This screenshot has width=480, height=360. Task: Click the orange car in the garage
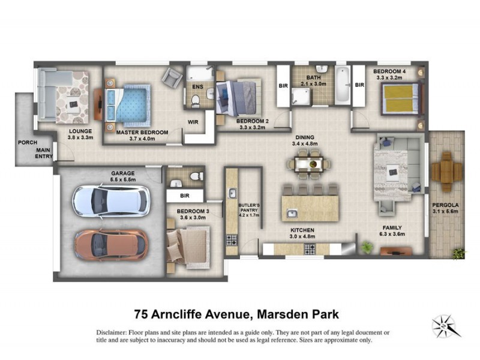[112, 245]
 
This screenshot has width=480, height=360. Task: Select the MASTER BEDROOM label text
[142, 132]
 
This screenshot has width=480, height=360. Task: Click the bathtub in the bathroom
[341, 86]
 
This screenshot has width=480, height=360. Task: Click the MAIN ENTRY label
[43, 154]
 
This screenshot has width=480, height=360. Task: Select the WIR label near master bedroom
[194, 122]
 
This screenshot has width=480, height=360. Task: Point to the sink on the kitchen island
[292, 213]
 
